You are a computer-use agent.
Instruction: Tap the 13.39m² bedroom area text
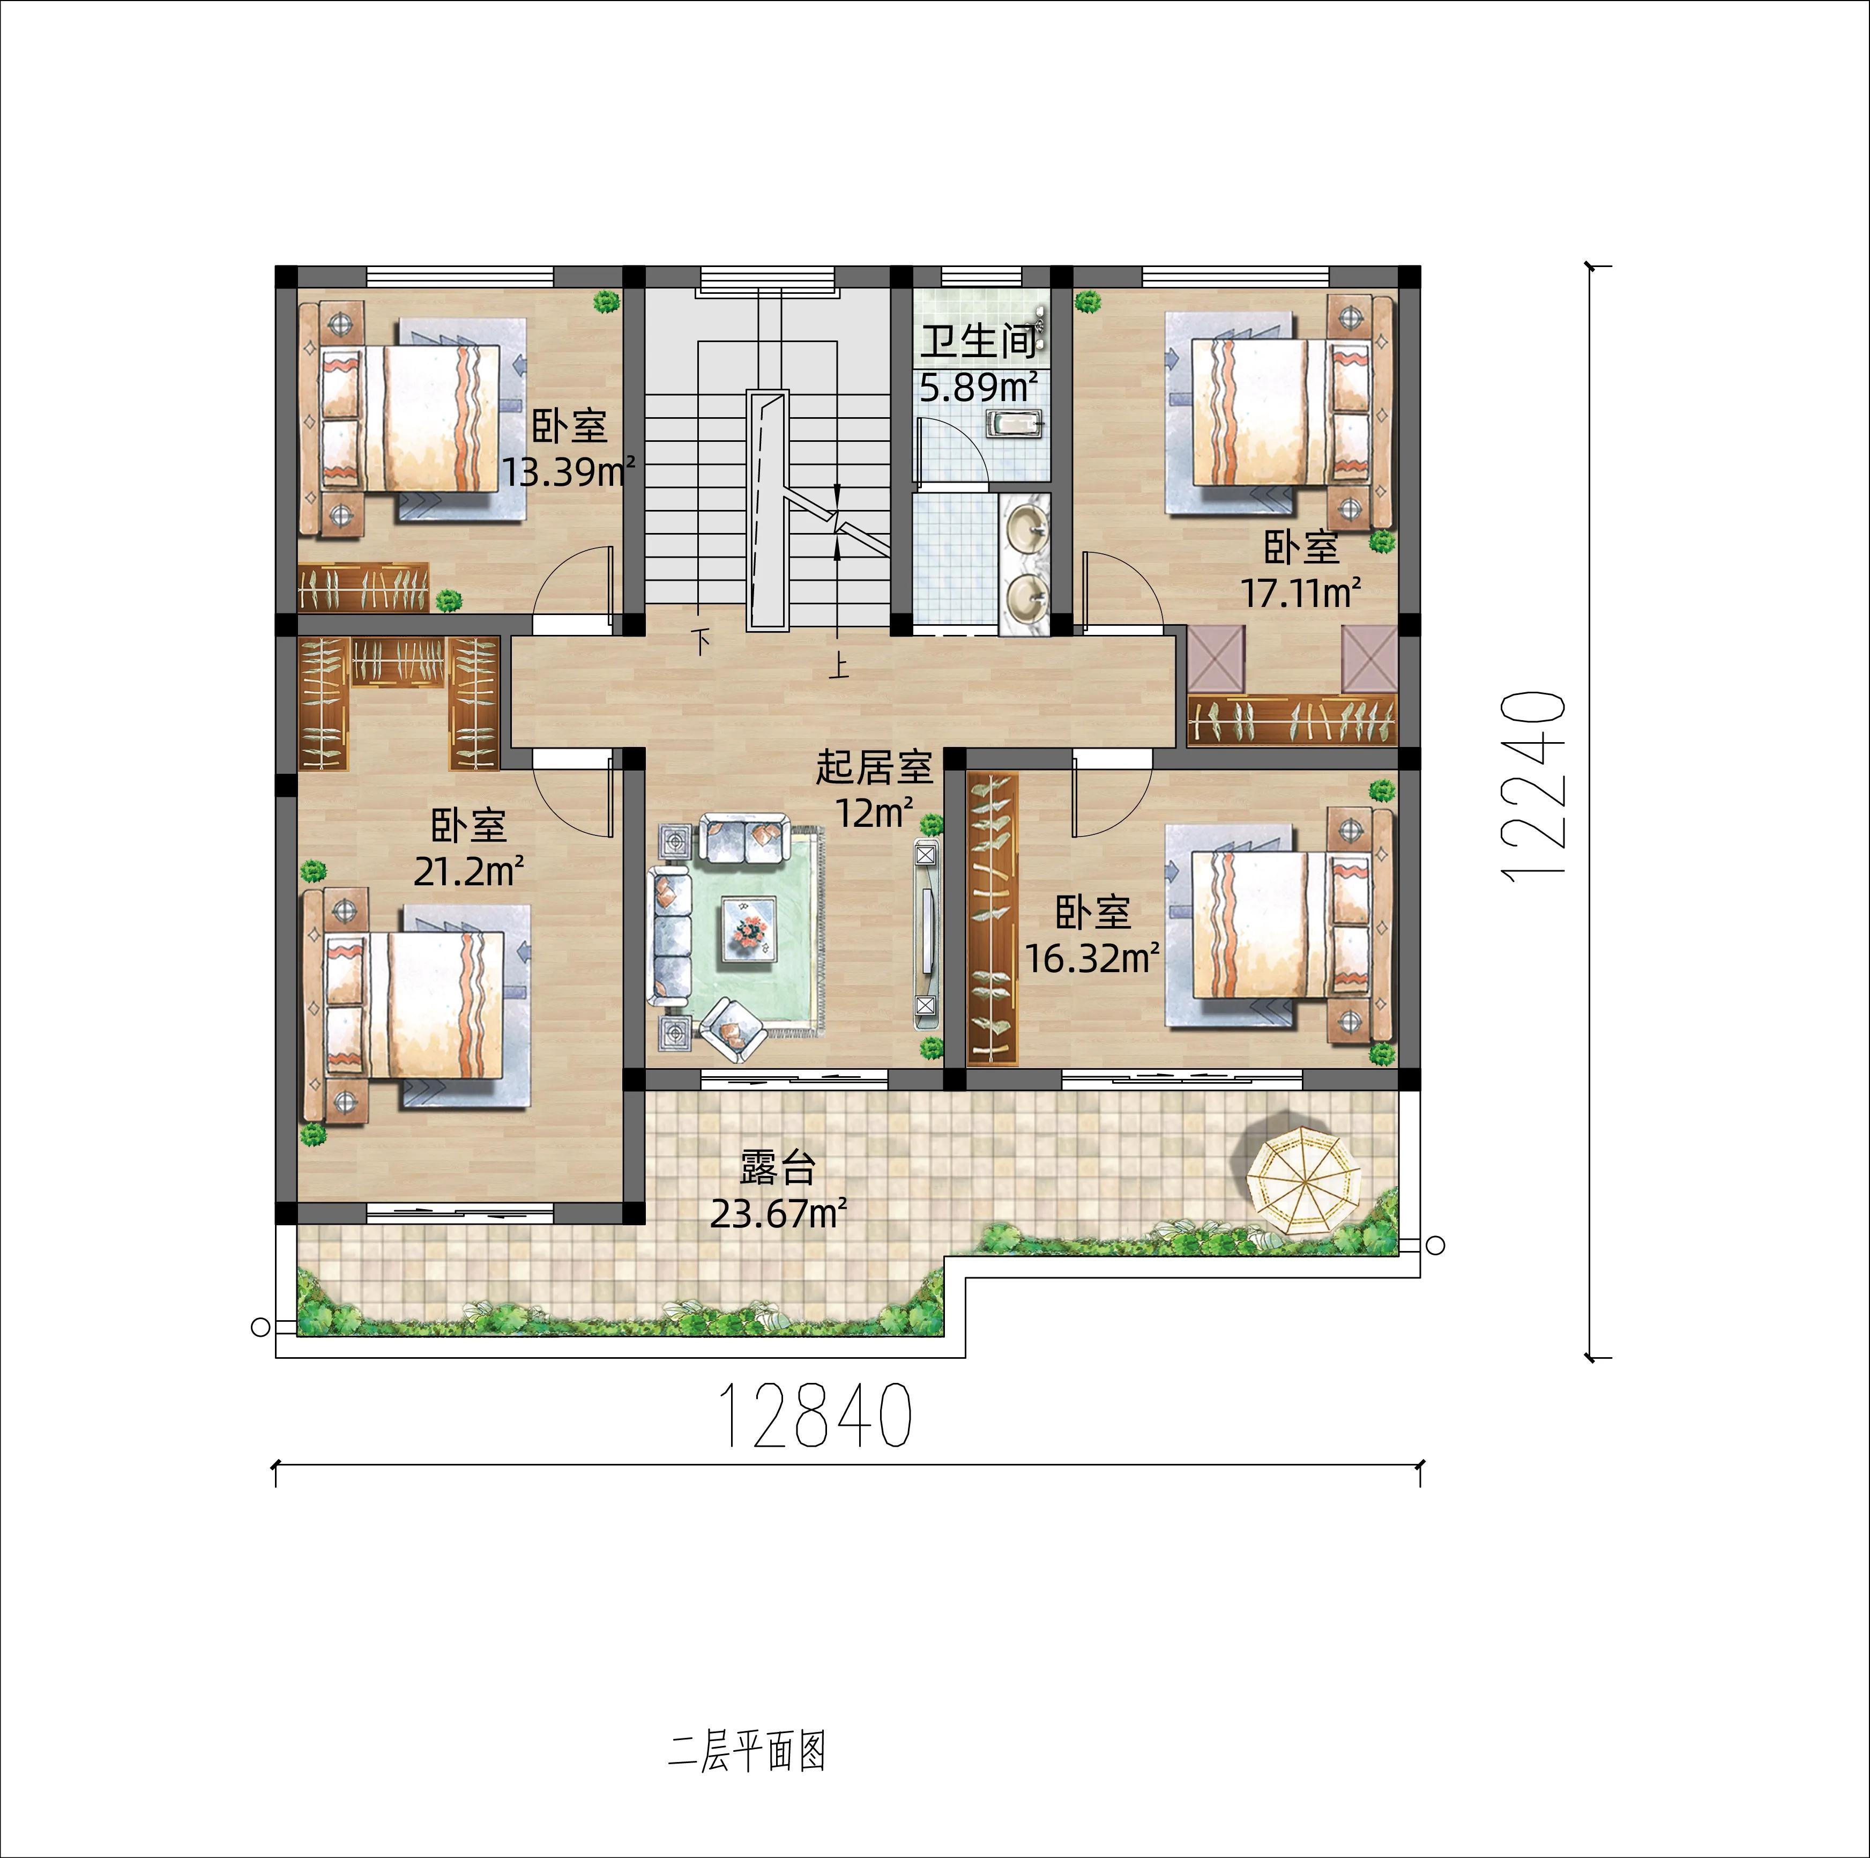click(568, 472)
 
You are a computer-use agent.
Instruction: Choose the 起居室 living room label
click(874, 768)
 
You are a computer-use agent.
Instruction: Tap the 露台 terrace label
click(778, 1168)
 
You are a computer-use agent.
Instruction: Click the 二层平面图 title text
click(747, 1751)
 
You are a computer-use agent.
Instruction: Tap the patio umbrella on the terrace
click(1306, 1182)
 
